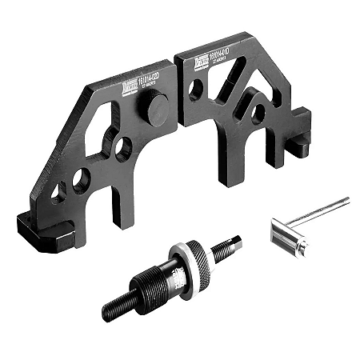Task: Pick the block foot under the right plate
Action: point(299,144)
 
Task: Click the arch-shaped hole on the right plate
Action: point(257,112)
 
